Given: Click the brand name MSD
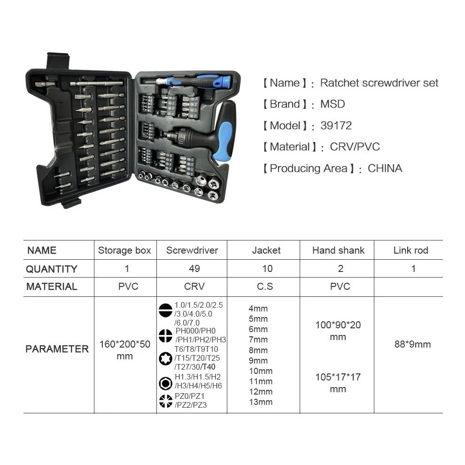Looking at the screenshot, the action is pos(333,104).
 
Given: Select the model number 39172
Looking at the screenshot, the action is pos(336,125).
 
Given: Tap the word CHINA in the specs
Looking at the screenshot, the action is pos(385,168).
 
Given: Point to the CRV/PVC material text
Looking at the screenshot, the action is pos(355,147).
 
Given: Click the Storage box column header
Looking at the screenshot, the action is pos(124,250).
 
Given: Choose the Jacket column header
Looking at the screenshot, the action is pos(266,250).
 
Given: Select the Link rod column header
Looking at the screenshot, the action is pos(411,250).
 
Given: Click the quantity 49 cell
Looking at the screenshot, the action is pos(194,268).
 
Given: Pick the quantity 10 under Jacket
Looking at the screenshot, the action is pos(267,268).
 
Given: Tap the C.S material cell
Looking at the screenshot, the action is pos(265,286).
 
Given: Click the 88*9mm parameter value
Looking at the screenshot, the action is pos(412,344).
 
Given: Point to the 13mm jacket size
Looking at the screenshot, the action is pos(261,402).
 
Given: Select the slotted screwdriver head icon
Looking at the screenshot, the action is pos(165,310).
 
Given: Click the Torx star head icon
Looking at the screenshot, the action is pos(165,358).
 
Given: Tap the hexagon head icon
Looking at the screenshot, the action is pos(165,383).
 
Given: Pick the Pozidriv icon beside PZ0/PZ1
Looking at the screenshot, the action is pos(165,401).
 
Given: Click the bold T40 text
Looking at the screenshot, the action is pos(209,367).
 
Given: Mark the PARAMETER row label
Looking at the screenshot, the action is pos(57,349).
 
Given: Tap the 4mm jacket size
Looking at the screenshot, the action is pos(258,309).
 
